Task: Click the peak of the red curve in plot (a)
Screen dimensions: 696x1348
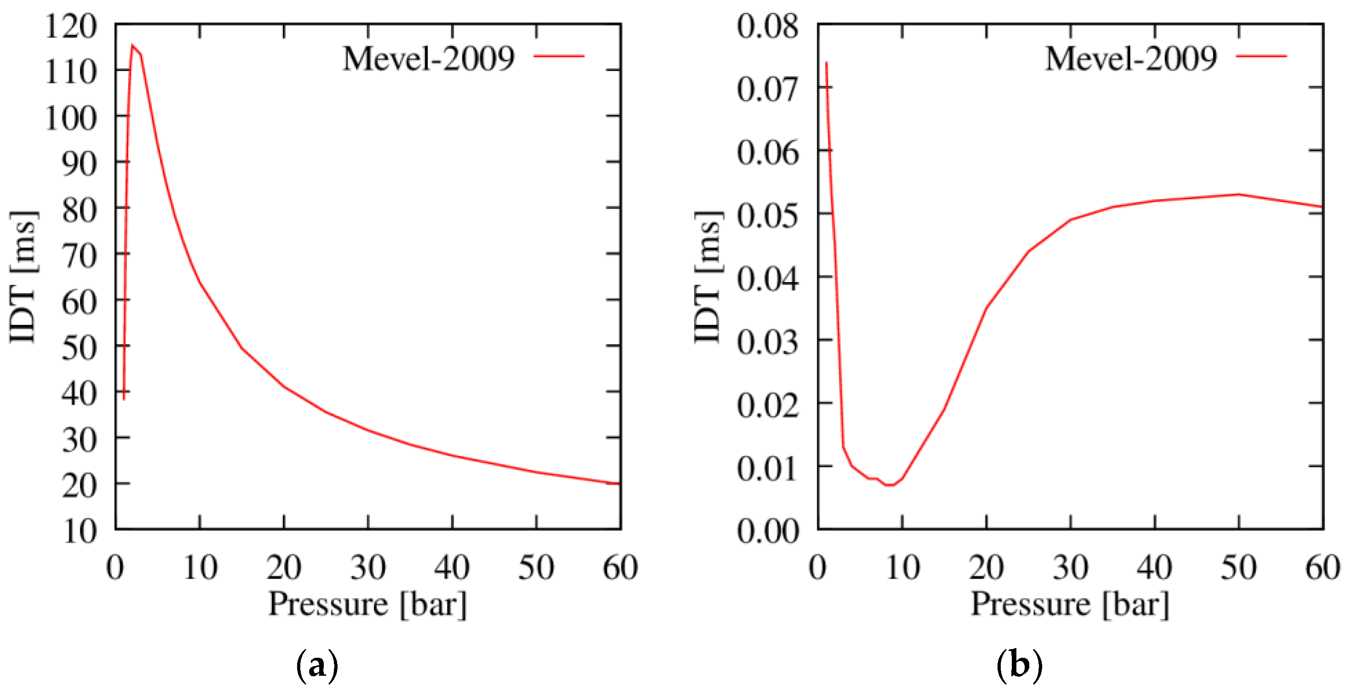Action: point(132,45)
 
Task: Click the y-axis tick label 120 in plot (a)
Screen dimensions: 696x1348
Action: point(72,26)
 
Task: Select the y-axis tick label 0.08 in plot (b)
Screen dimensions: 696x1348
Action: point(768,26)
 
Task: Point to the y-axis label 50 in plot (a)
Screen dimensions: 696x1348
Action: point(80,347)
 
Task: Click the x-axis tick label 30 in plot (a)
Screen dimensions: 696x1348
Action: point(368,567)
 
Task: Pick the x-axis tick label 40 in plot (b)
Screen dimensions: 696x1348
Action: point(1154,567)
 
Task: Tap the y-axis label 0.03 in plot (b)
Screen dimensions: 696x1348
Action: point(768,342)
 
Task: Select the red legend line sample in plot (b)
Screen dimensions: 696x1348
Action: point(1262,56)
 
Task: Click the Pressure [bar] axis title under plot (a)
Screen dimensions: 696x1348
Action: point(367,604)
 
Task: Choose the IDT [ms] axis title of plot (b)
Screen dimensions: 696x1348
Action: point(707,277)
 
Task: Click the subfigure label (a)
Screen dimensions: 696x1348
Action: point(317,665)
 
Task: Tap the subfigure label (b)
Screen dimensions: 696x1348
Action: point(1019,665)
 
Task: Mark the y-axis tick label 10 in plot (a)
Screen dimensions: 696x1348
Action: point(80,531)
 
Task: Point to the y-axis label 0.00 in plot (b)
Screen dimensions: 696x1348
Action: point(768,531)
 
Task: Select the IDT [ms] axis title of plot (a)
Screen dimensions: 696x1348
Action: point(23,277)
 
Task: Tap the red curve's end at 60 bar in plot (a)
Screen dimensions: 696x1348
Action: point(620,483)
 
